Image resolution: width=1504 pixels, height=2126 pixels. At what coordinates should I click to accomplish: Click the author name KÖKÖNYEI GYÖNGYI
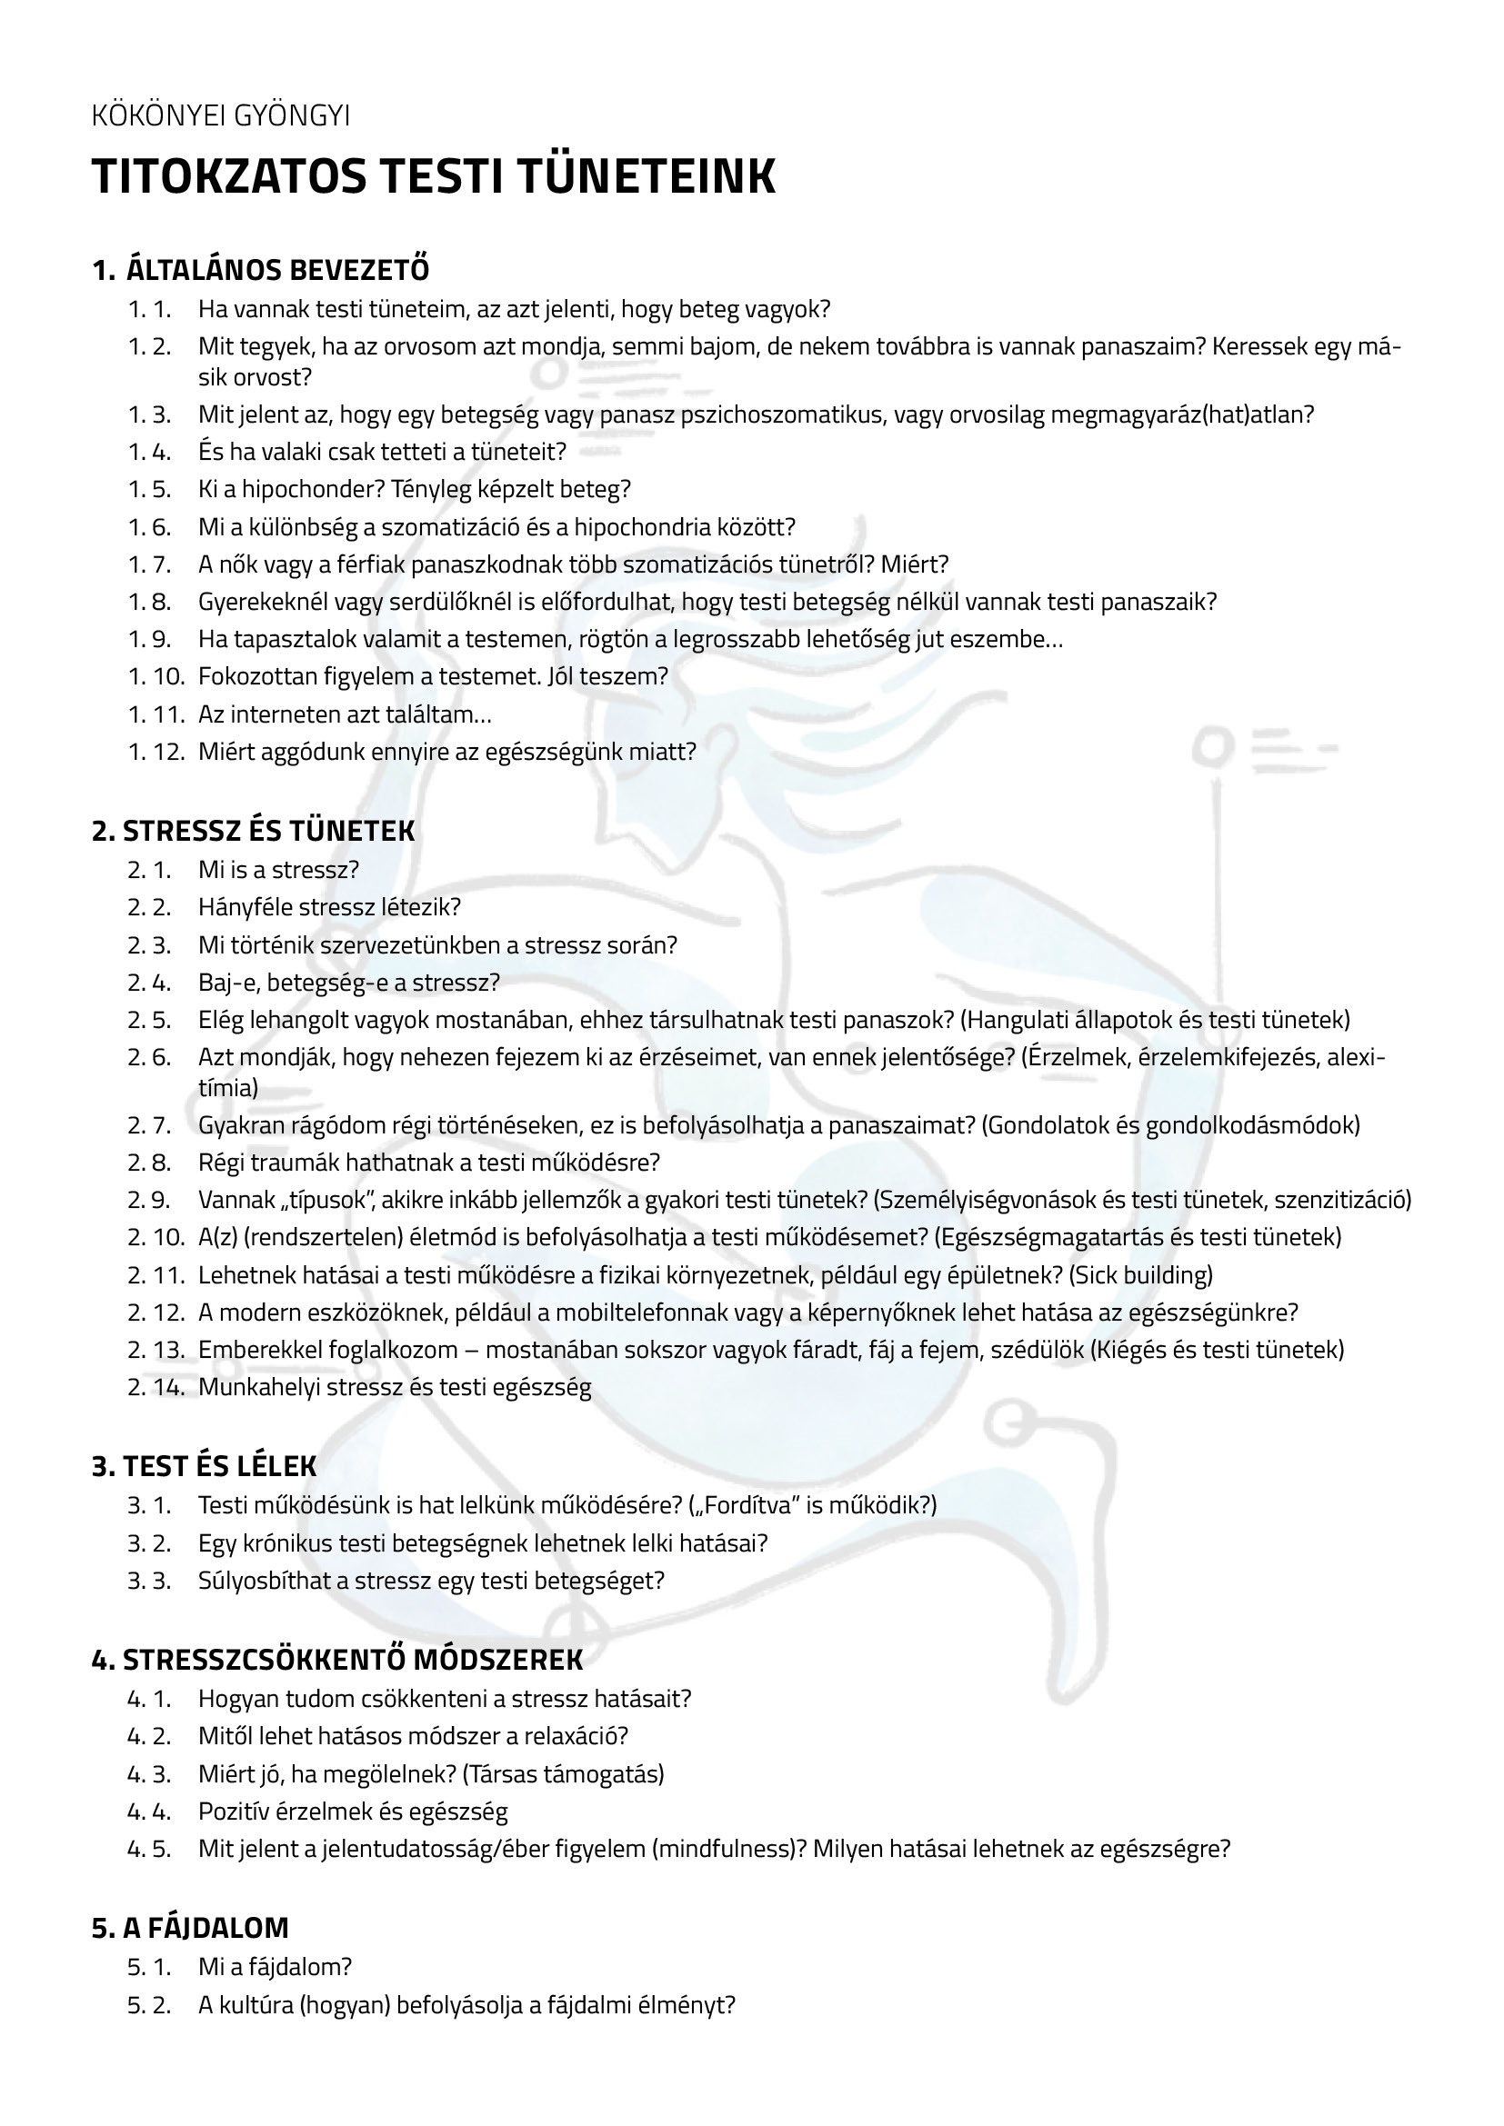pyautogui.click(x=220, y=115)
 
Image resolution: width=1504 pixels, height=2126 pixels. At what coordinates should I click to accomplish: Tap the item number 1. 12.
pyautogui.click(x=156, y=751)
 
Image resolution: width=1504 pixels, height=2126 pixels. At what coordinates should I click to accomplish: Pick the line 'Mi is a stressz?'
pyautogui.click(x=278, y=870)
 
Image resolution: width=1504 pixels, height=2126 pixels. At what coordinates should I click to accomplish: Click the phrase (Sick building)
pyautogui.click(x=1141, y=1275)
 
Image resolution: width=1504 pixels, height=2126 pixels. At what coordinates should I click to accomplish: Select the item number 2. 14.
pyautogui.click(x=156, y=1387)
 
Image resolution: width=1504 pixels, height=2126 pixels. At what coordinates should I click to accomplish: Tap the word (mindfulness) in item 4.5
pyautogui.click(x=723, y=1849)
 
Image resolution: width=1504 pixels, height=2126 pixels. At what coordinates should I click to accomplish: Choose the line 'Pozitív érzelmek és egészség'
pyautogui.click(x=353, y=1812)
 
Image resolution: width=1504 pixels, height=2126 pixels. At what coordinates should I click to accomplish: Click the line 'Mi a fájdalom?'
pyautogui.click(x=275, y=1967)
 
